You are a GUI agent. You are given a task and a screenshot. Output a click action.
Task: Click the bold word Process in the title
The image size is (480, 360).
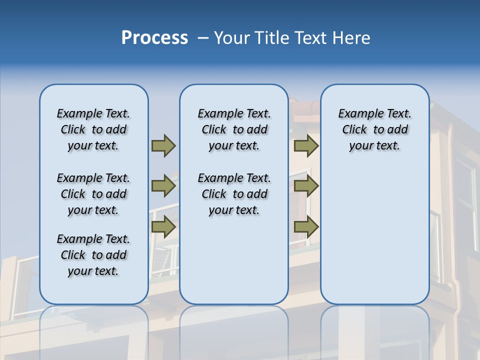point(154,38)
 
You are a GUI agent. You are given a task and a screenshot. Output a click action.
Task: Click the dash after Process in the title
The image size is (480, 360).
point(202,38)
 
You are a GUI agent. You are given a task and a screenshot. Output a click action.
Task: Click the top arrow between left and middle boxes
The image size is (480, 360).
point(163,146)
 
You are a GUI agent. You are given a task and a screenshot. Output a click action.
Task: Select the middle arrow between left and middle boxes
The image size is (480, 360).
point(163,186)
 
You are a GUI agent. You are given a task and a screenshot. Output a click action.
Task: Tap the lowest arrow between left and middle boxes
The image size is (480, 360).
point(163,226)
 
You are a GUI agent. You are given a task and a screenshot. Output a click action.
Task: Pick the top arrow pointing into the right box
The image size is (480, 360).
point(306,146)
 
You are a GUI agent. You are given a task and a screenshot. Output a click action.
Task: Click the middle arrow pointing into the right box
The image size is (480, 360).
point(306,186)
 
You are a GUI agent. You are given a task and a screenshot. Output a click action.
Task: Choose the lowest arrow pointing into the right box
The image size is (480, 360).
point(306,226)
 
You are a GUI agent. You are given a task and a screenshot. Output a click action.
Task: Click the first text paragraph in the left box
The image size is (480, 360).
point(93,129)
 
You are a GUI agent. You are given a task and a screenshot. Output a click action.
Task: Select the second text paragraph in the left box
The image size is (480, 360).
point(93,194)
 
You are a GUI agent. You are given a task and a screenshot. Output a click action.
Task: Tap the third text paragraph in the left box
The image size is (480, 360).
point(93,255)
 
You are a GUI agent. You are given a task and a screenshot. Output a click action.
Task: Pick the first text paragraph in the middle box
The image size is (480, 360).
point(234,129)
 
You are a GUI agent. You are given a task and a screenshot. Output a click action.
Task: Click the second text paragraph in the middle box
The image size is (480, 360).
point(234,194)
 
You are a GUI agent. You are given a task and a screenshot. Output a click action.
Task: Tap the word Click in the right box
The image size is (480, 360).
point(354,130)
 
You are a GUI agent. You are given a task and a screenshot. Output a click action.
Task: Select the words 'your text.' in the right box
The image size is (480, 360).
point(374,146)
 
